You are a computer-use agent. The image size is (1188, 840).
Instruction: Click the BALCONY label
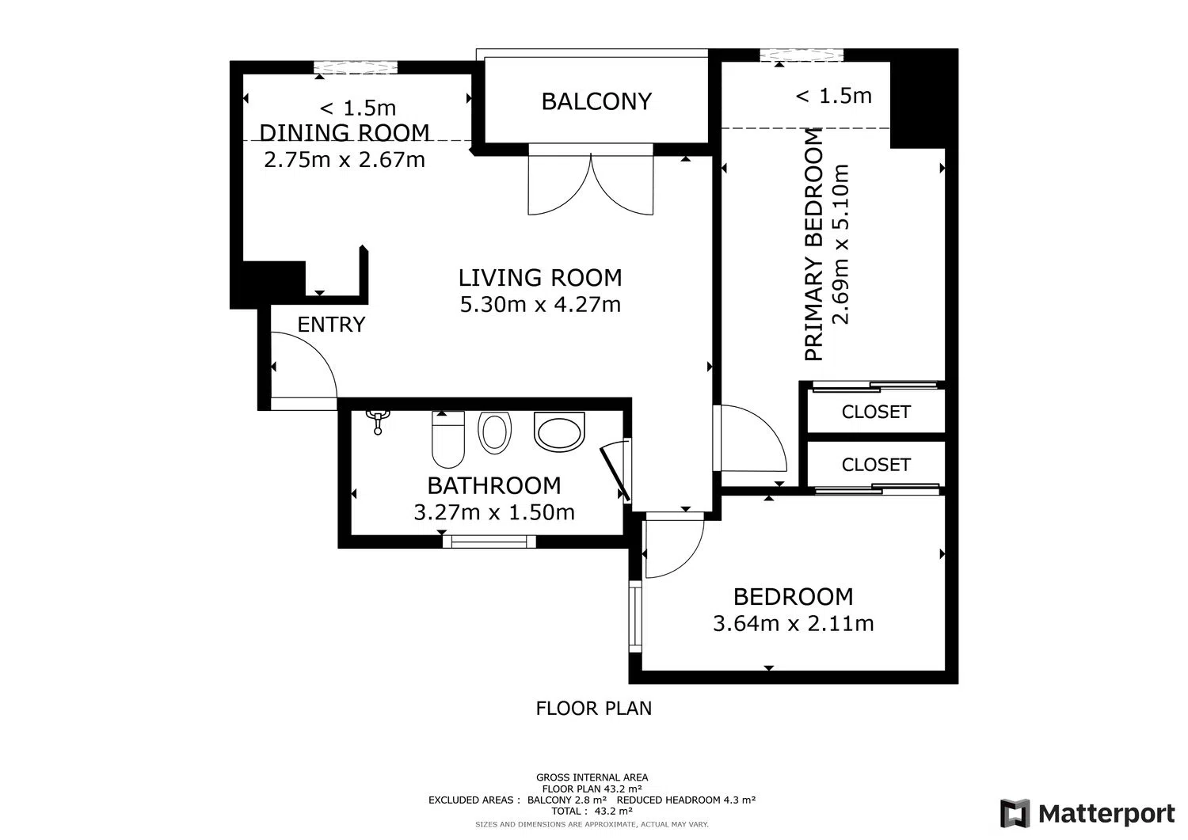[596, 101]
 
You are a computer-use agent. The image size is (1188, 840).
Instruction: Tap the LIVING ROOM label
[540, 277]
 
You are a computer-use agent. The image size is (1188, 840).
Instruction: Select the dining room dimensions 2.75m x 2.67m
[345, 160]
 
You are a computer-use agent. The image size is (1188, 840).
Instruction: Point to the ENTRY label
[332, 324]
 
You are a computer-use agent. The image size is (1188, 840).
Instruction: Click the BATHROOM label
[493, 485]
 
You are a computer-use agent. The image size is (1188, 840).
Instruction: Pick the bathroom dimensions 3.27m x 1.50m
[493, 512]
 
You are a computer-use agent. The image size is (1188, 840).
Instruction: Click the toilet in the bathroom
[448, 439]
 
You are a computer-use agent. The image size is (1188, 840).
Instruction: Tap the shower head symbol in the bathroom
[378, 422]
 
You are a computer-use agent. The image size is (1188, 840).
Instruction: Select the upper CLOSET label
[876, 412]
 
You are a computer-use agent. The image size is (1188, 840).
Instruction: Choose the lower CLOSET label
[876, 465]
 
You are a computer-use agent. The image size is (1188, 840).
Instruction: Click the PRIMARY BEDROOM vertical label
[813, 245]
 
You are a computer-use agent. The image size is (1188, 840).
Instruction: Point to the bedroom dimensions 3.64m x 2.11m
[793, 623]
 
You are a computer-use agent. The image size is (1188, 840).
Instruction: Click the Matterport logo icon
[1015, 813]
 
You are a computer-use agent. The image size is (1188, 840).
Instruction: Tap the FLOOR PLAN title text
[593, 708]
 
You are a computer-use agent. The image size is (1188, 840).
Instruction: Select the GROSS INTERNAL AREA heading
[592, 777]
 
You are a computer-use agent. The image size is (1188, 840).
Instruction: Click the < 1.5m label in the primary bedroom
[834, 96]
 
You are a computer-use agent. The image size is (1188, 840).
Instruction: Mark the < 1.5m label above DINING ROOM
[357, 108]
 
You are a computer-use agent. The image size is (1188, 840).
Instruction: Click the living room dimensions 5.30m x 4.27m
[540, 304]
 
